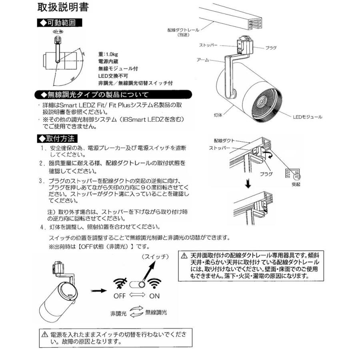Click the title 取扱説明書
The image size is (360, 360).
(63, 7)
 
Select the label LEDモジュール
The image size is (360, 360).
(307, 117)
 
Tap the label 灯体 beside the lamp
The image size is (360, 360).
(218, 114)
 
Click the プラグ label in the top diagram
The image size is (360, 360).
(271, 48)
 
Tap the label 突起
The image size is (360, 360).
(296, 185)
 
